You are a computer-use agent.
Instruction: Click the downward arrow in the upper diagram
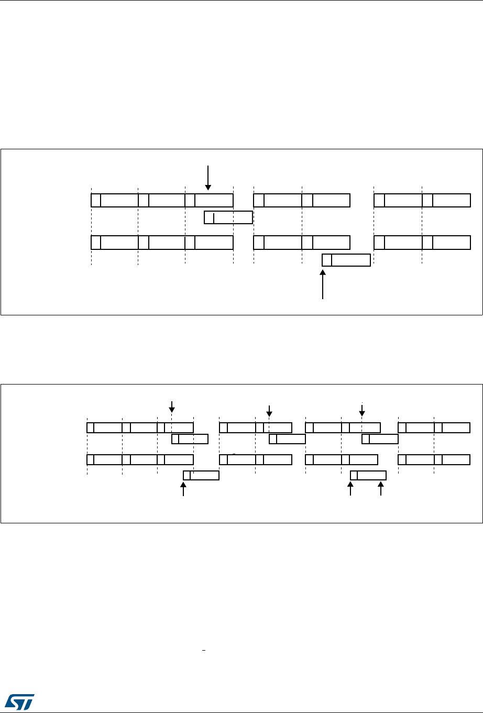208,178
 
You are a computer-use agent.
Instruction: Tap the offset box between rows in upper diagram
228,217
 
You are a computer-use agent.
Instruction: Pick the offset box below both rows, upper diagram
346,260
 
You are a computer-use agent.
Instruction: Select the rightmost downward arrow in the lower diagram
362,410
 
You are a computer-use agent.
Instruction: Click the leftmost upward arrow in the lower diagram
183,489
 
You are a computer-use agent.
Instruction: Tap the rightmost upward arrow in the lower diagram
381,489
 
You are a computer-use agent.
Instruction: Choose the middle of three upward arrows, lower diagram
350,489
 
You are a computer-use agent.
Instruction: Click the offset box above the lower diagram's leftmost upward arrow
201,475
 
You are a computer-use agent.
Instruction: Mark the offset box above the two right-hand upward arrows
368,475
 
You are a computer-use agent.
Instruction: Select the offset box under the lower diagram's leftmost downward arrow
190,438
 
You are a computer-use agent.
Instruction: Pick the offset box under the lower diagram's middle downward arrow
287,438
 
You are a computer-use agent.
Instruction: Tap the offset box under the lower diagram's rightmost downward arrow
380,438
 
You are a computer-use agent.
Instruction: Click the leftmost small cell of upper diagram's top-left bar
96,200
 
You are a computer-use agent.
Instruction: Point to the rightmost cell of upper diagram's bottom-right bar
451,243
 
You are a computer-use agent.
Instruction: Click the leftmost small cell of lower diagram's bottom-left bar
90,460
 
